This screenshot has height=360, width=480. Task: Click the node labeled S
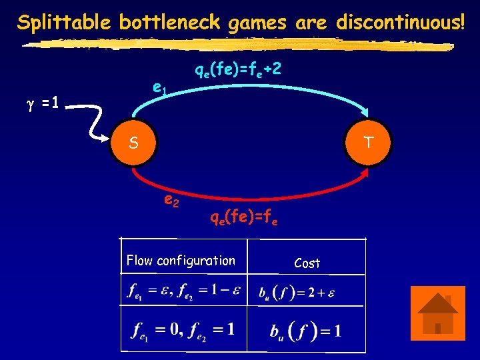[x=133, y=143]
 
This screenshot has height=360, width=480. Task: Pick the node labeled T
[x=369, y=142]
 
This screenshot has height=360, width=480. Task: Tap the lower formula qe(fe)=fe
[x=241, y=217]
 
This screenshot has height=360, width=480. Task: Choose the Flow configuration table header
[x=181, y=260]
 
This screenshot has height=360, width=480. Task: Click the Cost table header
[x=307, y=263]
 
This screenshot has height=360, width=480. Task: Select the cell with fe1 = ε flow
[x=183, y=291]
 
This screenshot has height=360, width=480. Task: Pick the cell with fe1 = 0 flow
[x=183, y=329]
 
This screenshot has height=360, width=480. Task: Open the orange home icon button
[x=437, y=313]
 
